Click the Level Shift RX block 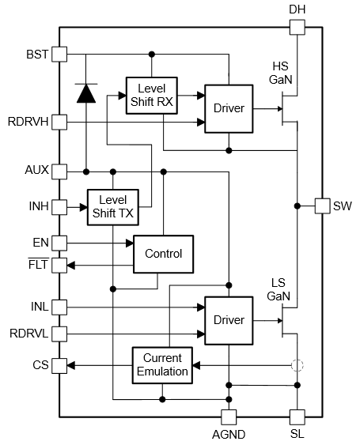(x=152, y=96)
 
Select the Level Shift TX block (x=113, y=207)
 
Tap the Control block (x=163, y=254)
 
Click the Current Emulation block (x=162, y=365)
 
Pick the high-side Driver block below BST (x=229, y=109)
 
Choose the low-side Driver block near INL (x=229, y=321)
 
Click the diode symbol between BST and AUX (x=86, y=93)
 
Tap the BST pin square (x=59, y=55)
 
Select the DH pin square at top (x=297, y=27)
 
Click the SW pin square (x=323, y=206)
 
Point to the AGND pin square (x=229, y=417)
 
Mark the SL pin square (x=297, y=417)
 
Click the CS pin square (x=59, y=365)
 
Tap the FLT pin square (x=59, y=266)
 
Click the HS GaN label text (x=280, y=73)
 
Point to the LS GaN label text (x=279, y=289)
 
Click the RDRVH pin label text (x=28, y=122)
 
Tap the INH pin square (x=59, y=207)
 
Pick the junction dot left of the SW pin (x=297, y=206)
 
